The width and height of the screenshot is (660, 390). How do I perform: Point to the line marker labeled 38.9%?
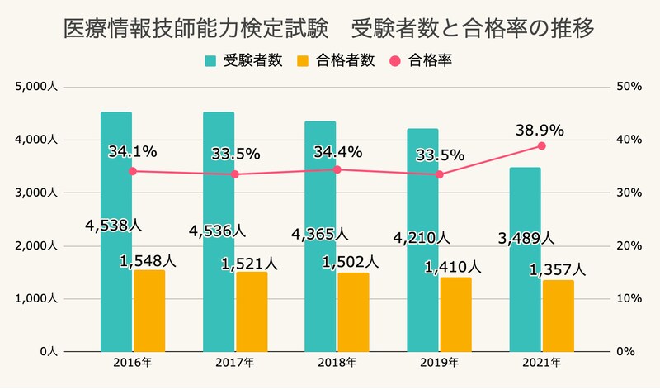(x=542, y=145)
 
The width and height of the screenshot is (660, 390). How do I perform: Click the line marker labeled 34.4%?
(x=337, y=169)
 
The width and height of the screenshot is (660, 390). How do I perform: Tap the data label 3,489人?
(x=526, y=239)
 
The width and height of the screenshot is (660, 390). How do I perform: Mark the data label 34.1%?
(x=132, y=152)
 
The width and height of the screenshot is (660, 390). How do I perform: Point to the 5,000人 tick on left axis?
(x=35, y=87)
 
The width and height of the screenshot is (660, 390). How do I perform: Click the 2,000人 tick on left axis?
(x=35, y=246)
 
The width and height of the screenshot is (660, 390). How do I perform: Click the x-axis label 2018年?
(x=337, y=363)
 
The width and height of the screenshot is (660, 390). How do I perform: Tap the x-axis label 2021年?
(x=541, y=363)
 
